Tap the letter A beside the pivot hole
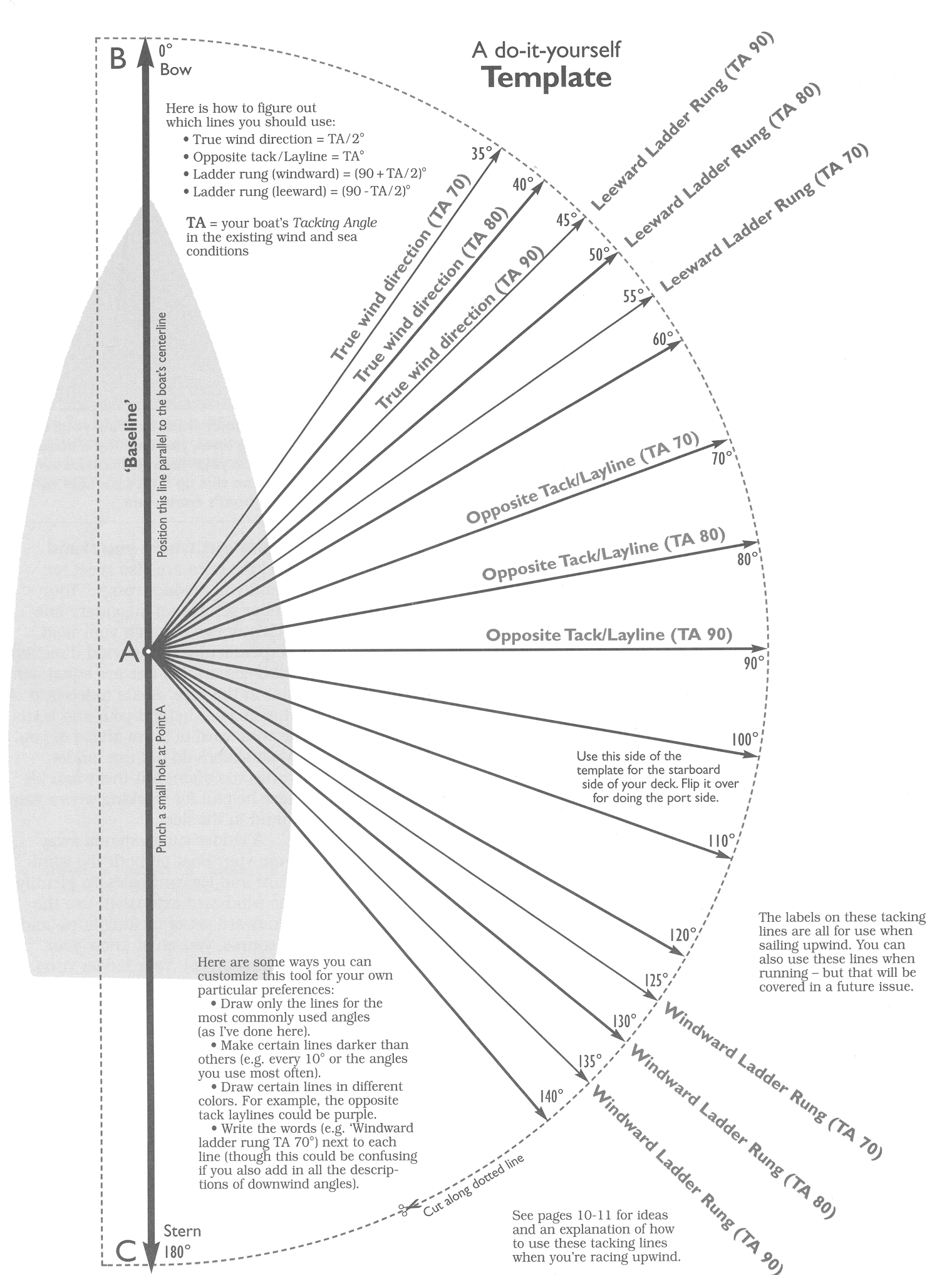pos(128,653)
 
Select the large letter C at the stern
pos(125,1252)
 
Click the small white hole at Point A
pos(147,652)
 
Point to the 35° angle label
pos(481,153)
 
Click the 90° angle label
pos(754,663)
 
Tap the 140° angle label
pos(551,1096)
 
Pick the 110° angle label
pos(721,840)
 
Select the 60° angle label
pos(663,339)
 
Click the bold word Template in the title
pos(547,78)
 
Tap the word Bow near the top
pos(175,70)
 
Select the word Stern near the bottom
pos(182,1231)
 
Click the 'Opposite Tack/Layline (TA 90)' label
pos(609,635)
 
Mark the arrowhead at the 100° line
pos(753,755)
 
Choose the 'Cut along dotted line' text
pos(474,1186)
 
